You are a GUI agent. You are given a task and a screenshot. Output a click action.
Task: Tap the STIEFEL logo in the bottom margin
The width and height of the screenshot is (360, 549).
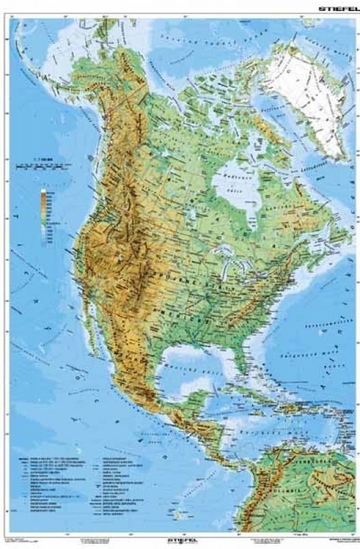179,540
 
